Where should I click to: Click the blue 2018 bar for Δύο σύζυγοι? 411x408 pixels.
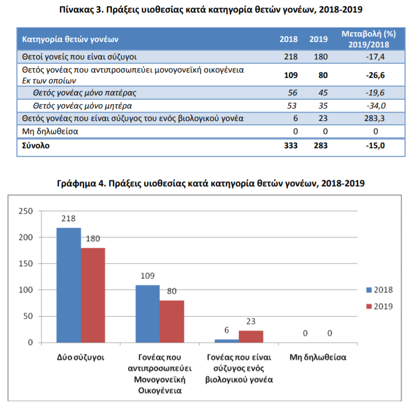pyautogui.click(x=69, y=285)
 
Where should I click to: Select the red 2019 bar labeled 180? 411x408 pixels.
pyautogui.click(x=93, y=295)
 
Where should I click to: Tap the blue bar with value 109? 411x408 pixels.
pyautogui.click(x=148, y=314)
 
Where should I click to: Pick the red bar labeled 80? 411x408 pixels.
pyautogui.click(x=172, y=321)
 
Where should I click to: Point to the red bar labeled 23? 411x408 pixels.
pyautogui.click(x=251, y=337)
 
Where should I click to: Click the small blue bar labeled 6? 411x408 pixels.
pyautogui.click(x=227, y=341)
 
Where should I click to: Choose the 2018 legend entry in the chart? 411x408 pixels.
pyautogui.click(x=379, y=290)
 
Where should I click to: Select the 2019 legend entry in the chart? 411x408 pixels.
pyautogui.click(x=379, y=306)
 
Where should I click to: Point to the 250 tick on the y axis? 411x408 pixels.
pyautogui.click(x=26, y=211)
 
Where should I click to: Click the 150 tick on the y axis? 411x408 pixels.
pyautogui.click(x=26, y=264)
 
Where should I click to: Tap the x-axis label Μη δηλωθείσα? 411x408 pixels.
pyautogui.click(x=318, y=357)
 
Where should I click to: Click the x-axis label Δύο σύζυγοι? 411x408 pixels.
pyautogui.click(x=81, y=358)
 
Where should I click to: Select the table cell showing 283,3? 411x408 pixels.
pyautogui.click(x=374, y=118)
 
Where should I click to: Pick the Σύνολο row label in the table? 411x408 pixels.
pyautogui.click(x=35, y=145)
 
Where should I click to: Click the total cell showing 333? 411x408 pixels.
pyautogui.click(x=291, y=145)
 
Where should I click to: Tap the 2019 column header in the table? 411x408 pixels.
pyautogui.click(x=318, y=39)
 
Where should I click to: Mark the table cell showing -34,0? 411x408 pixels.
pyautogui.click(x=376, y=106)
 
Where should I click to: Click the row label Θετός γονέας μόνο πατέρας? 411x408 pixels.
pyautogui.click(x=84, y=93)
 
